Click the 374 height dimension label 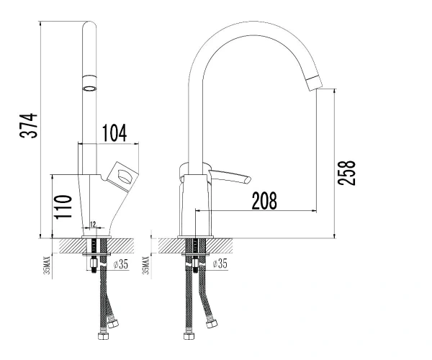29,125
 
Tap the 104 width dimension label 114,133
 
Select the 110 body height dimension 63,207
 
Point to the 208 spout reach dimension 264,201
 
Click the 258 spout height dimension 346,172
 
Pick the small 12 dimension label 93,224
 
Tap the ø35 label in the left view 121,264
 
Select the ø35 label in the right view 220,264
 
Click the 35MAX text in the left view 48,265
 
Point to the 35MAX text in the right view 146,265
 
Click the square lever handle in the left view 122,176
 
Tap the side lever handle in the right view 230,176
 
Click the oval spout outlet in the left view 90,89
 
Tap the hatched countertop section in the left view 96,246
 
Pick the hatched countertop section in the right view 195,246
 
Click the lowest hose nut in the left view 104,336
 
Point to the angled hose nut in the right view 212,324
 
